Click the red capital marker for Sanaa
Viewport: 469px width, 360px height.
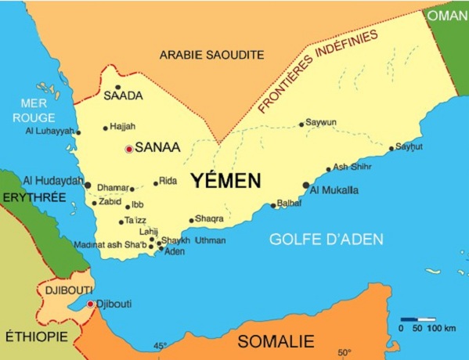click(129, 148)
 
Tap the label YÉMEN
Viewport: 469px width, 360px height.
click(226, 181)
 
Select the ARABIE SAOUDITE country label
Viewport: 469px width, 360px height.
click(211, 55)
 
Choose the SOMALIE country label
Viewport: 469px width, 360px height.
click(276, 341)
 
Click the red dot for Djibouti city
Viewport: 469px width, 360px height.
click(91, 304)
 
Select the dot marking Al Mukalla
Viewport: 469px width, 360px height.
click(305, 185)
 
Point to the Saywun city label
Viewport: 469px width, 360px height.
click(321, 122)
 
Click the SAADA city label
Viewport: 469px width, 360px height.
click(123, 95)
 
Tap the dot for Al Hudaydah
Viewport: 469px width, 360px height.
click(88, 185)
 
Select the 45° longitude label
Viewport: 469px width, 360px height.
click(160, 346)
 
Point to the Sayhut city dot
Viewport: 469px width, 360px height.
click(392, 148)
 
